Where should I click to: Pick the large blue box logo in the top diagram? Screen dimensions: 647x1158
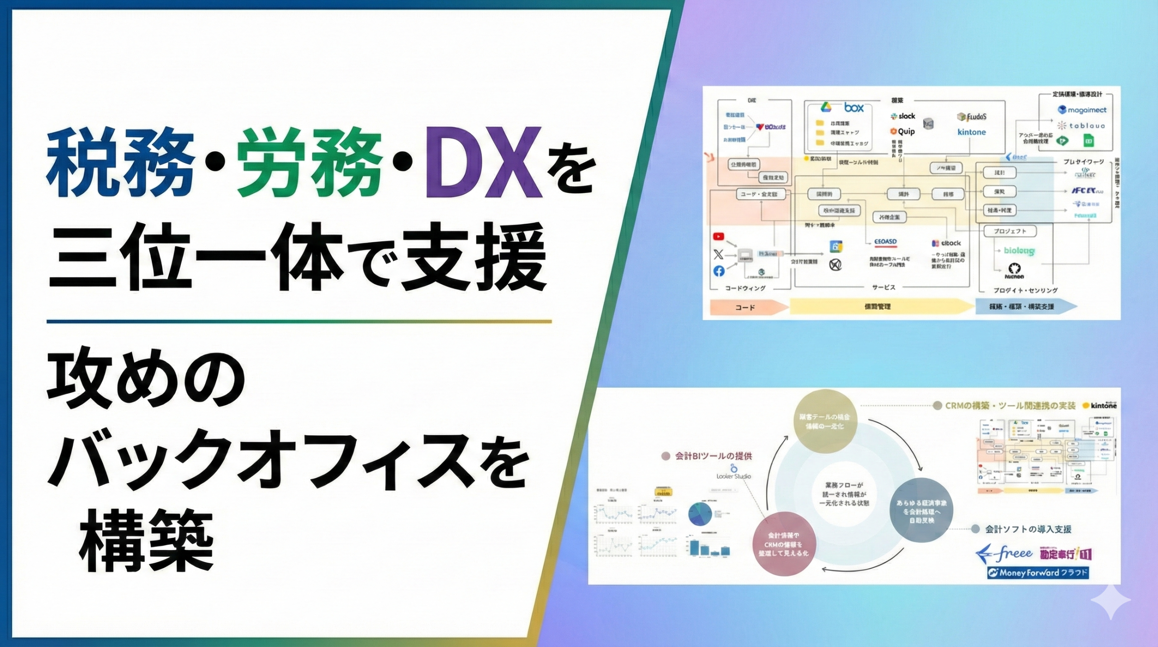click(x=854, y=108)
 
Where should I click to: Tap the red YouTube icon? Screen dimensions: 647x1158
click(x=718, y=236)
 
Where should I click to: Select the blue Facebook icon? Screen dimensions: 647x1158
click(x=719, y=271)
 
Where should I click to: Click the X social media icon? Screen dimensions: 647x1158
click(x=718, y=254)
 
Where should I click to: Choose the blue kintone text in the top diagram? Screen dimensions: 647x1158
click(x=971, y=132)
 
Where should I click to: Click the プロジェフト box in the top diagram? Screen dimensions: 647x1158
click(x=1010, y=231)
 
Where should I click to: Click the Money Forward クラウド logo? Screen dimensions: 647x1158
click(x=1038, y=573)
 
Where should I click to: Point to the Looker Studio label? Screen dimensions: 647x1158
click(x=733, y=476)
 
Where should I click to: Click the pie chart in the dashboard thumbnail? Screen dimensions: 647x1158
click(x=700, y=514)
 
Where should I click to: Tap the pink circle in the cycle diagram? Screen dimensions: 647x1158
click(x=783, y=544)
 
